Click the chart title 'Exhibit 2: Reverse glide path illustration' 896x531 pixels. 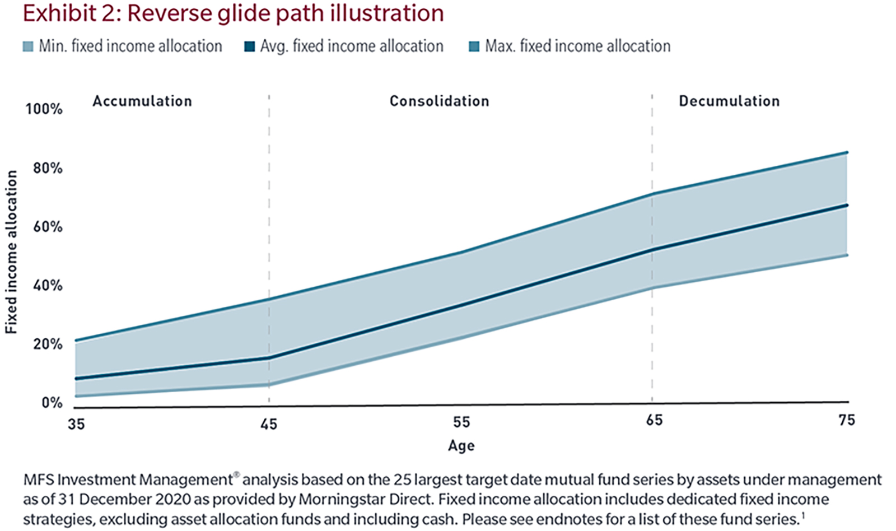tap(233, 13)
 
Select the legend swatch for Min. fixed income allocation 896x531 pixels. tap(28, 46)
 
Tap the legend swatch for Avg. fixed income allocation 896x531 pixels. tap(250, 46)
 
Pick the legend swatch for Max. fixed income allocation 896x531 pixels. tap(474, 46)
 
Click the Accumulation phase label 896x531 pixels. tap(142, 101)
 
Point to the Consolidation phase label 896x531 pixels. tap(439, 101)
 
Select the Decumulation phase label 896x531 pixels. tap(729, 101)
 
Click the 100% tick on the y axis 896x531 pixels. tap(44, 109)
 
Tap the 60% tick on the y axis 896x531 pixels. tap(48, 227)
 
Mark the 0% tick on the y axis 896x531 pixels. tap(52, 403)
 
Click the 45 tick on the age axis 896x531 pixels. tap(269, 424)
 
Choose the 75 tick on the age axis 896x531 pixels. tap(846, 420)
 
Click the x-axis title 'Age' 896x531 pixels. tap(461, 446)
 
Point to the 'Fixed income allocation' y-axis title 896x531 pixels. tap(11, 252)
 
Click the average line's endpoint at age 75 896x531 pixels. tap(847, 206)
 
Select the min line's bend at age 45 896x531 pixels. tap(269, 385)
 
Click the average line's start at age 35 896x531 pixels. tap(76, 379)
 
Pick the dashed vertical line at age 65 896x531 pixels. tap(652, 336)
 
